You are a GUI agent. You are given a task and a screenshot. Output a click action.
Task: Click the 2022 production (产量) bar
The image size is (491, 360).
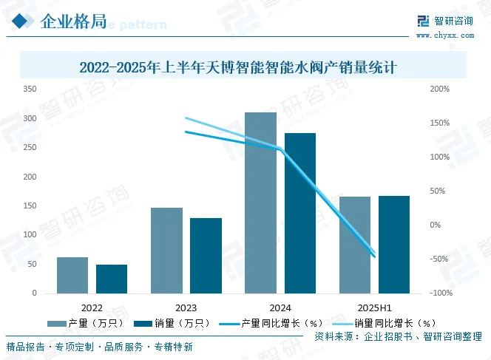tap(72, 275)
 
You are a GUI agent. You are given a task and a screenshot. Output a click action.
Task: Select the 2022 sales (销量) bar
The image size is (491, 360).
tap(112, 279)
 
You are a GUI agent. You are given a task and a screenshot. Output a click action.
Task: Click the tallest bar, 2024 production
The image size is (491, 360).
tap(260, 203)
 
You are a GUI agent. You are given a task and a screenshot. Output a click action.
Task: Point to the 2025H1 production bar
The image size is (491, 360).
tap(354, 245)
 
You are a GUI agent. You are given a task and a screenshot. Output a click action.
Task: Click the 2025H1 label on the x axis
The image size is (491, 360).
tap(374, 307)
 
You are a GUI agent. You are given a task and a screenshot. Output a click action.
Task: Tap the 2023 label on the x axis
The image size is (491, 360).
tap(186, 307)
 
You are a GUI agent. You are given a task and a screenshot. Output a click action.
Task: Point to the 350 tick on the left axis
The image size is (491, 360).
tap(30, 89)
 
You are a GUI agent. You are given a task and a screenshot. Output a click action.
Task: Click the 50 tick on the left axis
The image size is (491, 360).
tap(32, 264)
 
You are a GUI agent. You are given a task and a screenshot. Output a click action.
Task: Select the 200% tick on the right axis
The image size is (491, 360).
tap(438, 89)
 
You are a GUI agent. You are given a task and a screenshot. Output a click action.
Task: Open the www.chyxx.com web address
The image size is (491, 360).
tap(444, 34)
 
